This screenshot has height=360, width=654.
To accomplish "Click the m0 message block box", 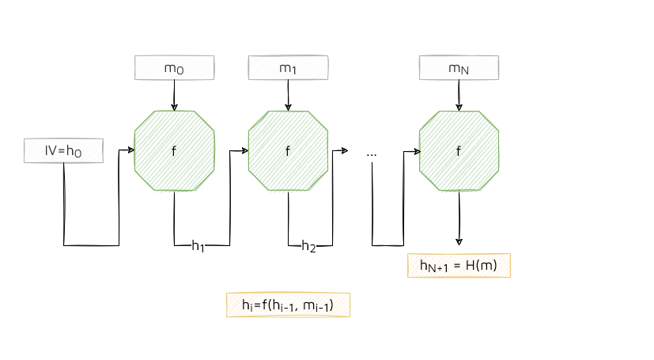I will pyautogui.click(x=174, y=68).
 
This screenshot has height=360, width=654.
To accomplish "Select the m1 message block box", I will pyautogui.click(x=288, y=68).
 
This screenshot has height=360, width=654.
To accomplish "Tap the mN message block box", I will pyautogui.click(x=459, y=68).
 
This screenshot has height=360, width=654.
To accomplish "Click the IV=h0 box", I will pyautogui.click(x=63, y=150).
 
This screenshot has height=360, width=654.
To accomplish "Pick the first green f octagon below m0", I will pyautogui.click(x=174, y=150).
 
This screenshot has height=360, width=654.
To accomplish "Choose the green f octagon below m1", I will pyautogui.click(x=288, y=150).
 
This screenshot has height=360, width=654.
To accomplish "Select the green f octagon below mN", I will pyautogui.click(x=459, y=150).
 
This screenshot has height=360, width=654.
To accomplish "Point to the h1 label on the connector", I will pyautogui.click(x=198, y=246).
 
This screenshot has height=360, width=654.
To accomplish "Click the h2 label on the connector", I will pyautogui.click(x=308, y=246).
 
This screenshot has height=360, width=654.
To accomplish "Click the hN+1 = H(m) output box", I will pyautogui.click(x=459, y=266).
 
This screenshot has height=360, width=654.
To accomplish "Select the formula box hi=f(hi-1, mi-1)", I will pyautogui.click(x=288, y=305).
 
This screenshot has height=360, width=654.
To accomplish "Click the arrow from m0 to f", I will pyautogui.click(x=174, y=95).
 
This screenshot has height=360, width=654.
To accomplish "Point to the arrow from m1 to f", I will pyautogui.click(x=288, y=95).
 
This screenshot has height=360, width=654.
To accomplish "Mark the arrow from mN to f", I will pyautogui.click(x=459, y=95).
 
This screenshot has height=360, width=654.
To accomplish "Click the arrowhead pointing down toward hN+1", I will pyautogui.click(x=459, y=241).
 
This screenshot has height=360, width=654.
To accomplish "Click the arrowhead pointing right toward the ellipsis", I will pyautogui.click(x=345, y=150).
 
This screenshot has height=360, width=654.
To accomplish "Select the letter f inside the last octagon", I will pyautogui.click(x=459, y=151).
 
